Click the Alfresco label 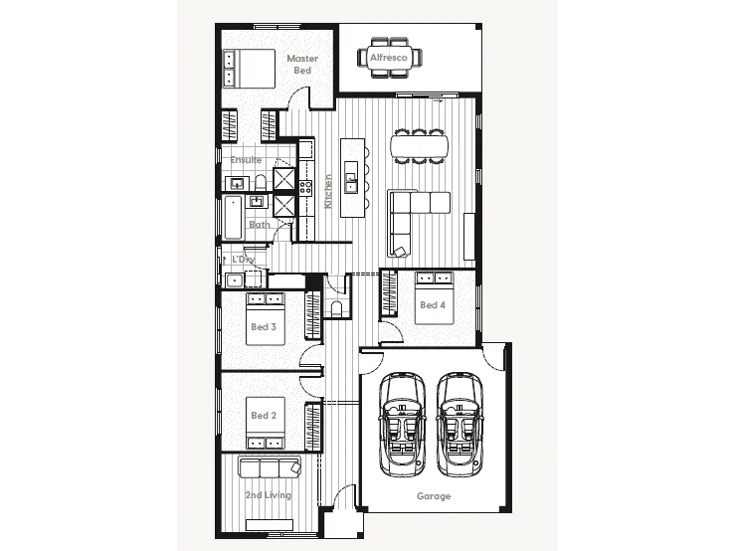(390, 59)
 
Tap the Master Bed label (302, 65)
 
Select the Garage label (434, 495)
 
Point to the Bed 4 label (432, 304)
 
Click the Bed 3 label (263, 326)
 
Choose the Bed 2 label (263, 415)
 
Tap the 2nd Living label (269, 494)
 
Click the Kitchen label (328, 192)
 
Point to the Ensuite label (247, 159)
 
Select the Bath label (259, 224)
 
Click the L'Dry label (244, 260)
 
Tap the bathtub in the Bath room (233, 217)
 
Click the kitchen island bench (351, 177)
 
